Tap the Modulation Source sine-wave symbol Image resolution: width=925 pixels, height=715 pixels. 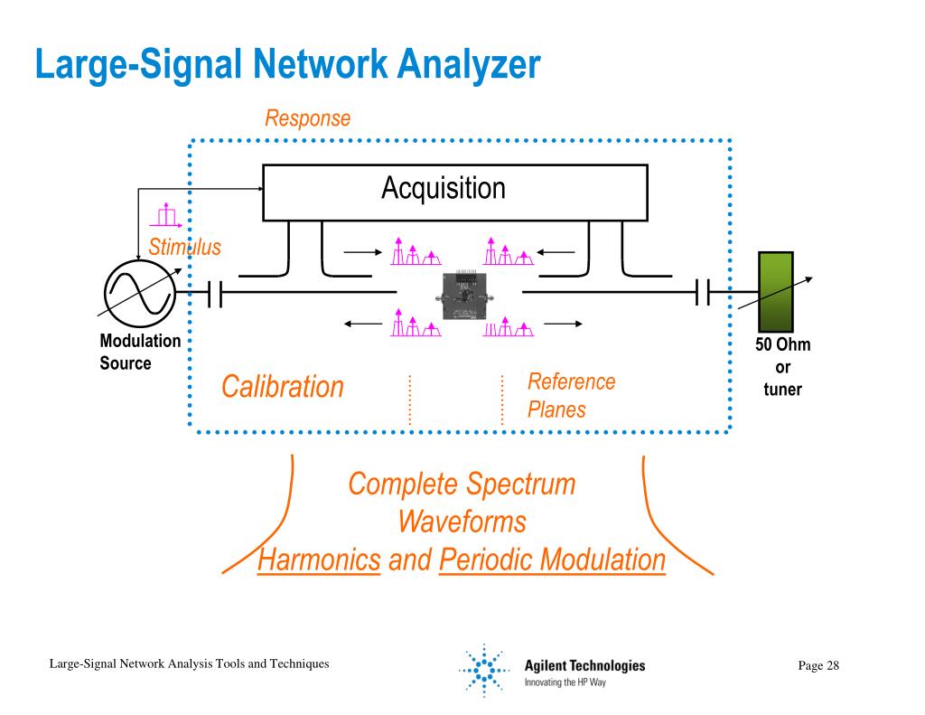pyautogui.click(x=140, y=294)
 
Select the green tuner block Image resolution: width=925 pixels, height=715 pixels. pyautogui.click(x=775, y=292)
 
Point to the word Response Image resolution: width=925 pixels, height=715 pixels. pyautogui.click(x=307, y=118)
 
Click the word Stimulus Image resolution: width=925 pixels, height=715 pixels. pyautogui.click(x=184, y=247)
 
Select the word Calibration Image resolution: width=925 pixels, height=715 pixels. pyautogui.click(x=283, y=387)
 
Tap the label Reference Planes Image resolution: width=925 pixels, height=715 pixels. pyautogui.click(x=571, y=396)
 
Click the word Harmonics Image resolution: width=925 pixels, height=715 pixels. pyautogui.click(x=319, y=560)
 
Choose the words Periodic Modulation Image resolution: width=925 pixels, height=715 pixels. pyautogui.click(x=552, y=560)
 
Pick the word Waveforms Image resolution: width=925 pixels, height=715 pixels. pyautogui.click(x=462, y=522)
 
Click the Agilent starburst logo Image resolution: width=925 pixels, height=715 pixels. pyautogui.click(x=484, y=670)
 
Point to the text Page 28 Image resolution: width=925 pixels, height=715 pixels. pyautogui.click(x=818, y=665)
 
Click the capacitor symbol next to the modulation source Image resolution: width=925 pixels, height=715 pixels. pyautogui.click(x=215, y=293)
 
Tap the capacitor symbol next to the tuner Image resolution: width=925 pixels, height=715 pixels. pyautogui.click(x=702, y=292)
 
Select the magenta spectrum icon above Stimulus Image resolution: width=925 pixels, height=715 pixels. pyautogui.click(x=166, y=215)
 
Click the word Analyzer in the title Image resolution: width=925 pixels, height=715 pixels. pyautogui.click(x=469, y=64)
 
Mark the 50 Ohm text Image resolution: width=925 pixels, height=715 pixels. pyautogui.click(x=783, y=344)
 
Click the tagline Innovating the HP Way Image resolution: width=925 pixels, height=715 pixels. pyautogui.click(x=565, y=682)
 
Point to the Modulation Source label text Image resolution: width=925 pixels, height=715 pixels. pyautogui.click(x=140, y=352)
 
